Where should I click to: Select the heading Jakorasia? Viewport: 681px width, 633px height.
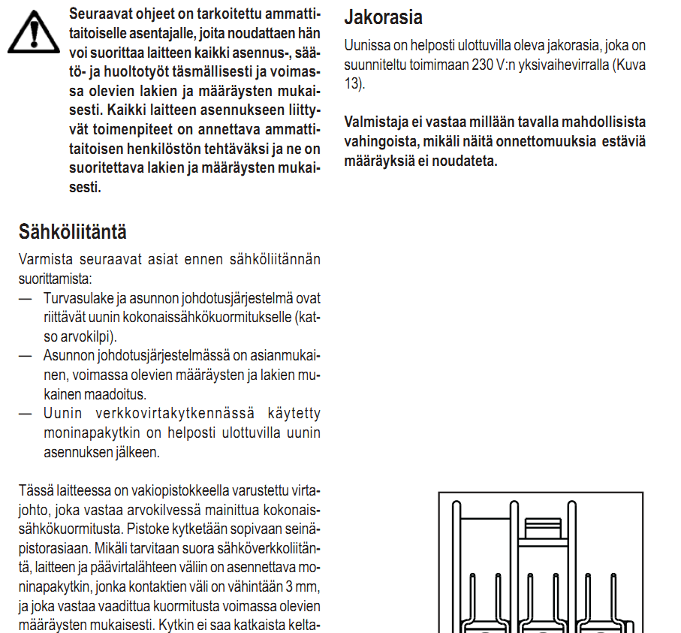coord(383,17)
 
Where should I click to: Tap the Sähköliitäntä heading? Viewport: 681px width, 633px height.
coord(73,231)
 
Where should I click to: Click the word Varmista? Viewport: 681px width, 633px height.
coord(46,260)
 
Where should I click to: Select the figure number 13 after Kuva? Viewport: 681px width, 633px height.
coord(352,83)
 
